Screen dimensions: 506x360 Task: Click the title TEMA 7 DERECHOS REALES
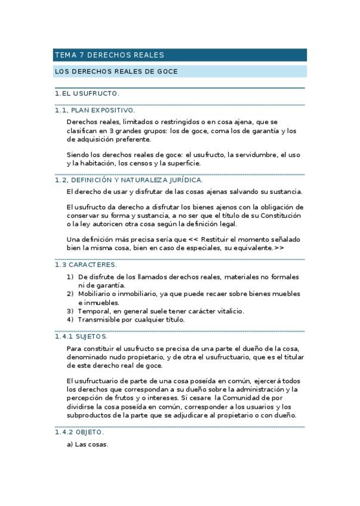click(109, 55)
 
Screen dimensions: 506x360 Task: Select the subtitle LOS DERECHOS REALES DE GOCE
click(116, 72)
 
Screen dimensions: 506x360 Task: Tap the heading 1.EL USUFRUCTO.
click(87, 94)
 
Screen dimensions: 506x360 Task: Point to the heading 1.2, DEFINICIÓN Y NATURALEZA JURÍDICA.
click(128, 180)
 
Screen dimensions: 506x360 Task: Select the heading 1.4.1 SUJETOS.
click(81, 337)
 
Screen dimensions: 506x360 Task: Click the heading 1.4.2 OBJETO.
click(79, 432)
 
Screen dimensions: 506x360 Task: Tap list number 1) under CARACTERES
click(70, 277)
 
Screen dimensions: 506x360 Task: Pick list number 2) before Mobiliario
click(70, 294)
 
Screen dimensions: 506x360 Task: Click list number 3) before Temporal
click(70, 311)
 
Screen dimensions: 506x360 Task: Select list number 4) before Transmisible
click(70, 319)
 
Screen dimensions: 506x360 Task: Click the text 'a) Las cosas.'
click(87, 444)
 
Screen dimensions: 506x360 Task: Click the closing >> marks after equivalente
click(279, 248)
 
